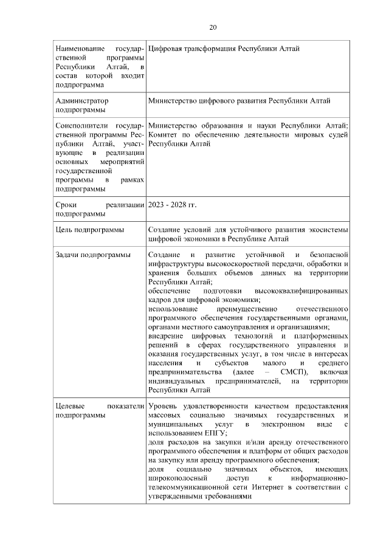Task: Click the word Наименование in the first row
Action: pyautogui.click(x=77, y=48)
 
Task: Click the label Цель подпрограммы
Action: pyautogui.click(x=89, y=230)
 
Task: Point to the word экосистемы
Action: pyautogui.click(x=328, y=230)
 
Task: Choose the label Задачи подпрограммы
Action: pyautogui.click(x=93, y=255)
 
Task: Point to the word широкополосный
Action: pyautogui.click(x=177, y=478)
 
